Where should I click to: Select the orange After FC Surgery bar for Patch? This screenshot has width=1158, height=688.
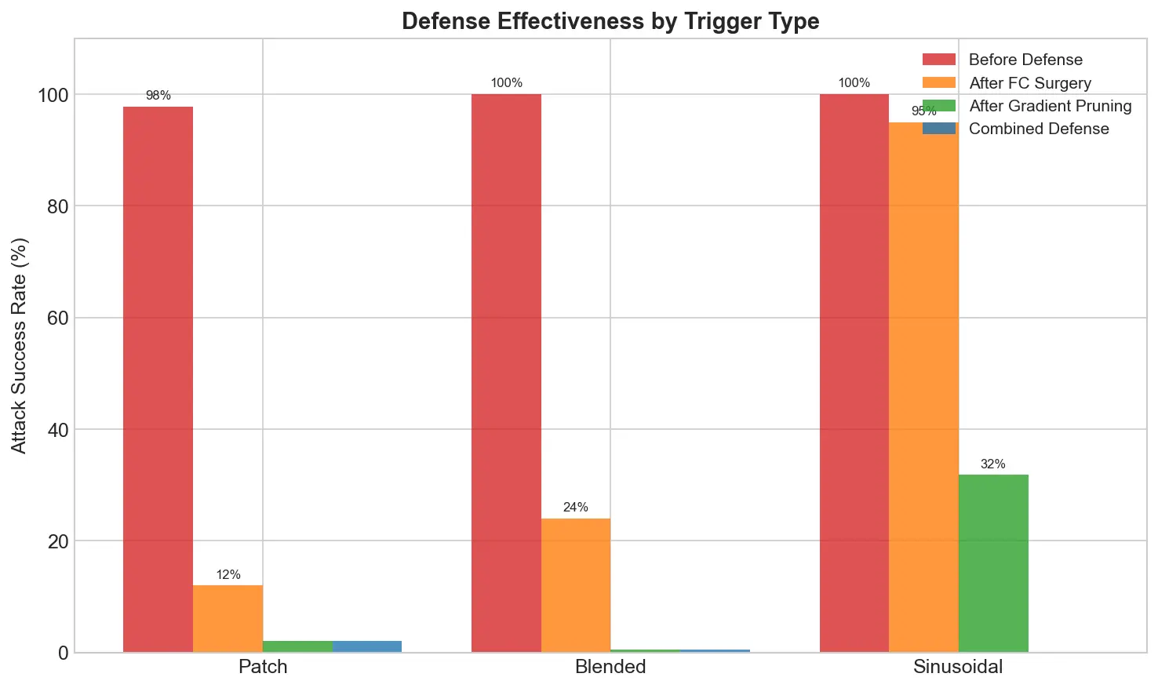pos(228,618)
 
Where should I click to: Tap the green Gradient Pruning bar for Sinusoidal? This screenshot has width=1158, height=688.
pos(992,562)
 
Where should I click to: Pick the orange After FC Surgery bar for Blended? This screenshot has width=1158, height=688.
pos(575,584)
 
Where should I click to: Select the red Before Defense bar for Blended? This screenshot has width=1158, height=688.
pos(506,373)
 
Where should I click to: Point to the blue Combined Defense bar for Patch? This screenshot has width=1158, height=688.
pos(366,646)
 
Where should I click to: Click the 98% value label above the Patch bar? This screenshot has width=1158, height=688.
pos(158,96)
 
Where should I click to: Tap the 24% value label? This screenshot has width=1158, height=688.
pos(575,508)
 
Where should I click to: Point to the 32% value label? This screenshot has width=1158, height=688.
pos(992,464)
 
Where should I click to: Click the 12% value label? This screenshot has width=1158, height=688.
pos(228,575)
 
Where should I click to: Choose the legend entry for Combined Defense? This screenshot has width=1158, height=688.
pos(1038,129)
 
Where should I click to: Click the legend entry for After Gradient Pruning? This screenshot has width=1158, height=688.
pos(1050,106)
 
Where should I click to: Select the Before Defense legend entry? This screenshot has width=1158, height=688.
pos(1025,60)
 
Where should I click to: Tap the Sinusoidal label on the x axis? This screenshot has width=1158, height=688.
pos(958,668)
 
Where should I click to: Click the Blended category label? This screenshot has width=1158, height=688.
pos(610,668)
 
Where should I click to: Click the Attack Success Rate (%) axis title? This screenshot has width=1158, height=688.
pos(20,345)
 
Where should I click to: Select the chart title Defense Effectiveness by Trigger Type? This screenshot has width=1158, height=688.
pos(610,21)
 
